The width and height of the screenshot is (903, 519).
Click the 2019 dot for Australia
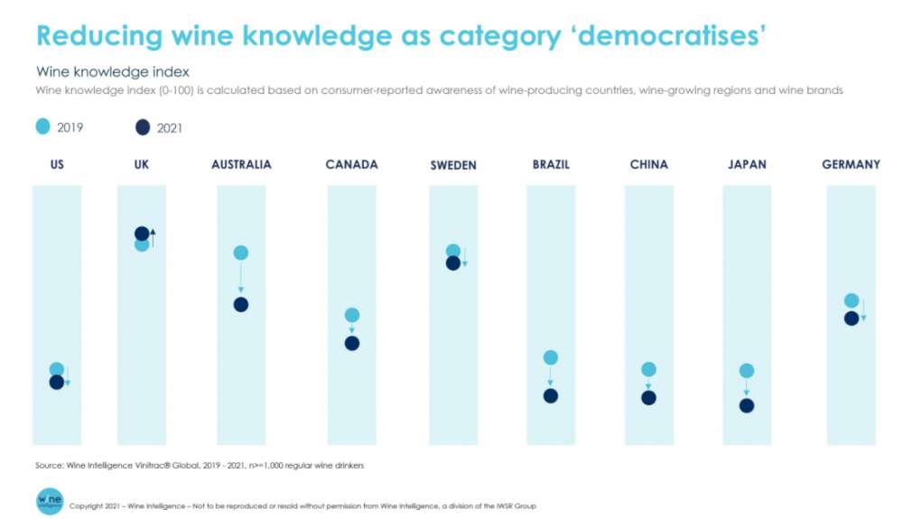[240, 253]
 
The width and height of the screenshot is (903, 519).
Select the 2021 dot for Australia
[240, 304]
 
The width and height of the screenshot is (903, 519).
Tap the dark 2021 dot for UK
[142, 234]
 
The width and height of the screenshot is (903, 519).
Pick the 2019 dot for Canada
[352, 315]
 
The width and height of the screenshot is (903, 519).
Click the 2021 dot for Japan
[747, 405]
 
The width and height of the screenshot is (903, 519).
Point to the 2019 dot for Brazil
[551, 358]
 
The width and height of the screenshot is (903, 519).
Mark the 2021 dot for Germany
[851, 318]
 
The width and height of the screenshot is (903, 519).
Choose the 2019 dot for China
[648, 369]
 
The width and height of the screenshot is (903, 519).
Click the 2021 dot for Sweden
[453, 263]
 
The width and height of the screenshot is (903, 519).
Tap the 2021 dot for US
[56, 382]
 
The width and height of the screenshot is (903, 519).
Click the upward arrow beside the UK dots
[154, 238]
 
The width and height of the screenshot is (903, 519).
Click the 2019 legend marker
[42, 127]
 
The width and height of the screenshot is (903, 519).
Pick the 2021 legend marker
[142, 127]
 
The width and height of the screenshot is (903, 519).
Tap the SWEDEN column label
[453, 165]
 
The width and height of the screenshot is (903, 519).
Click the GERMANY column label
[851, 164]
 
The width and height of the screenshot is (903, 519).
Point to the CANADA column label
[352, 164]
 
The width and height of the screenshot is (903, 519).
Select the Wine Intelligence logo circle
[50, 502]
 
